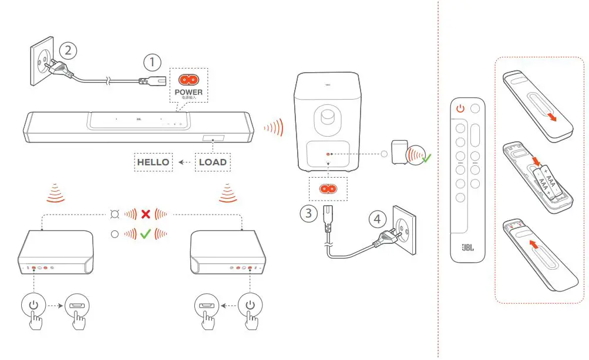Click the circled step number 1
[152, 62]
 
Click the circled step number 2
[69, 50]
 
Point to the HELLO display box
[153, 162]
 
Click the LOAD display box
[212, 162]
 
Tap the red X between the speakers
[145, 214]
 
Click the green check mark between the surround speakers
[145, 234]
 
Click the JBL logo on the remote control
[467, 246]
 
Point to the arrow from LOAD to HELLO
[185, 162]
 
